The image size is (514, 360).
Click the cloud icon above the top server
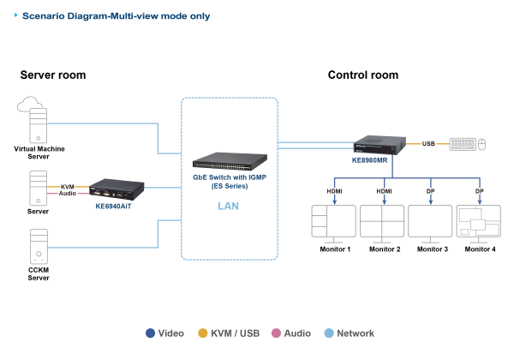[33, 106]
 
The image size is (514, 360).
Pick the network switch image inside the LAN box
[230, 159]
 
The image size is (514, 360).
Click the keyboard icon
[461, 144]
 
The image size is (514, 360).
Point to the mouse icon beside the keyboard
[481, 144]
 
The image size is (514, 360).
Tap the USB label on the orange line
[428, 144]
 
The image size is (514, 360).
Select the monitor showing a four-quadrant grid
[381, 223]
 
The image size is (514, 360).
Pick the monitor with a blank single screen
[430, 223]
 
